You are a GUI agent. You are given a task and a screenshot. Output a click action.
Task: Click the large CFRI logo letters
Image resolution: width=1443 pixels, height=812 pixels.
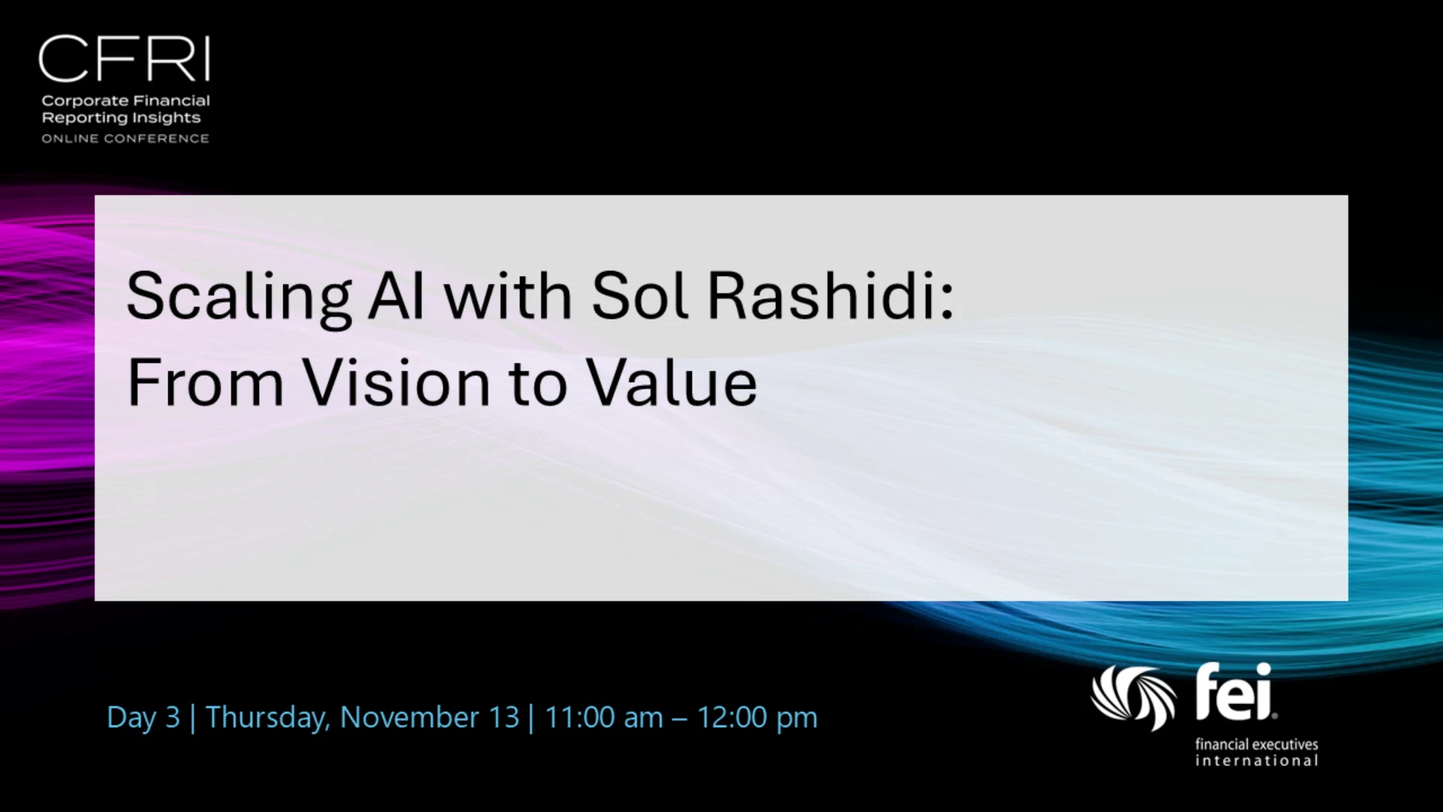[124, 59]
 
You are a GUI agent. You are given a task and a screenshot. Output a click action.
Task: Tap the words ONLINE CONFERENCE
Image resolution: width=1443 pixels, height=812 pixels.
[126, 138]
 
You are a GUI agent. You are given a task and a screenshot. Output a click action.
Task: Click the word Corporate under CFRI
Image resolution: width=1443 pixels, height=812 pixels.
[85, 101]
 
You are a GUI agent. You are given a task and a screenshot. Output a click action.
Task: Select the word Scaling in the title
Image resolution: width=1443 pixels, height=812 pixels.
[239, 298]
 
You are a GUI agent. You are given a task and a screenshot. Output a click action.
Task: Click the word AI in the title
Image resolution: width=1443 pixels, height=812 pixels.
[396, 295]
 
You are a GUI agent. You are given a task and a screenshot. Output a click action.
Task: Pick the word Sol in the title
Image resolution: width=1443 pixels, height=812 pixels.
[640, 295]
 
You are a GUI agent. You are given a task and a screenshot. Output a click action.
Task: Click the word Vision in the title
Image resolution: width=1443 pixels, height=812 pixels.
[396, 383]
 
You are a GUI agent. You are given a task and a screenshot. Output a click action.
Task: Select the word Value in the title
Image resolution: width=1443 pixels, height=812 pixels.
[671, 383]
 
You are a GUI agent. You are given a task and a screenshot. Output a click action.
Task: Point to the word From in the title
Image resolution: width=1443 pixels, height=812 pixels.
[205, 383]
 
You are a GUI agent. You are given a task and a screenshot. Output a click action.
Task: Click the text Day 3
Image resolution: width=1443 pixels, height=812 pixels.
[144, 717]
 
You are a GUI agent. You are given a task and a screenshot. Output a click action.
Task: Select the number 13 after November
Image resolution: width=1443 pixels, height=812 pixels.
[504, 717]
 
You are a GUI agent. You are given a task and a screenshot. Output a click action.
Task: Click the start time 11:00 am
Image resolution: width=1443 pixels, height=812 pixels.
[604, 717]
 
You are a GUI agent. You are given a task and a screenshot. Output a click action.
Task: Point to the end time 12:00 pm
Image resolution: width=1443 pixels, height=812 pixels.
[757, 718]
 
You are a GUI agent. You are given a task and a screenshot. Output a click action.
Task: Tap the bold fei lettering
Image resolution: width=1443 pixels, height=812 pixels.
[1234, 692]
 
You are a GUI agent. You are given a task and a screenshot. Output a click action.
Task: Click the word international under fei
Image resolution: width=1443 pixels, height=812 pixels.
[1257, 761]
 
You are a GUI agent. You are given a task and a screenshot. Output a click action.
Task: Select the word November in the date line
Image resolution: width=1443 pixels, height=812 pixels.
[410, 717]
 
